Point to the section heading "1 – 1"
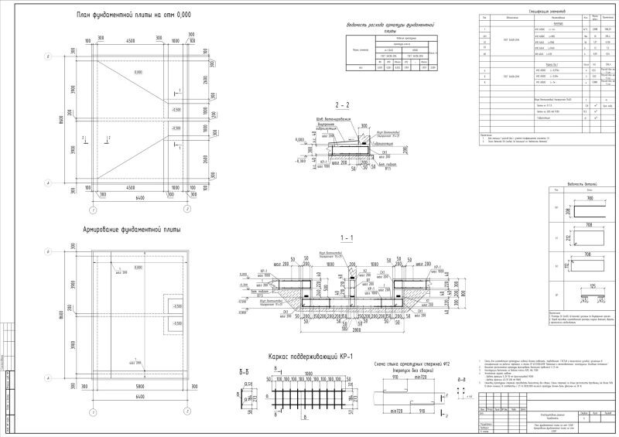[347, 237]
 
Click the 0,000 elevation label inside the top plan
[138, 72]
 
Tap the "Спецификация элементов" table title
[548, 12]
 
